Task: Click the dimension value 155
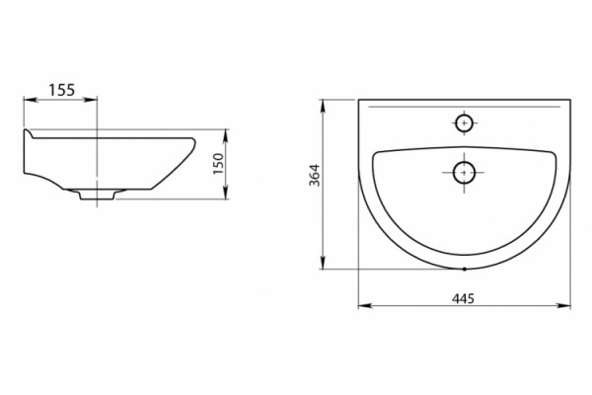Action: pos(62,90)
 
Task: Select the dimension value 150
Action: pos(219,164)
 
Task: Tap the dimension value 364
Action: pos(315,175)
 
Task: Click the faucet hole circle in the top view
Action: pos(464,122)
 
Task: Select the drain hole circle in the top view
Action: pos(464,173)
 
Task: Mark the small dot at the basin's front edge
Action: pos(465,270)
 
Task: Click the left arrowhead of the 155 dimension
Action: pos(30,100)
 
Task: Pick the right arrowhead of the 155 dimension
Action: pos(91,100)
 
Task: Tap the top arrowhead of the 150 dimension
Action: pos(226,135)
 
